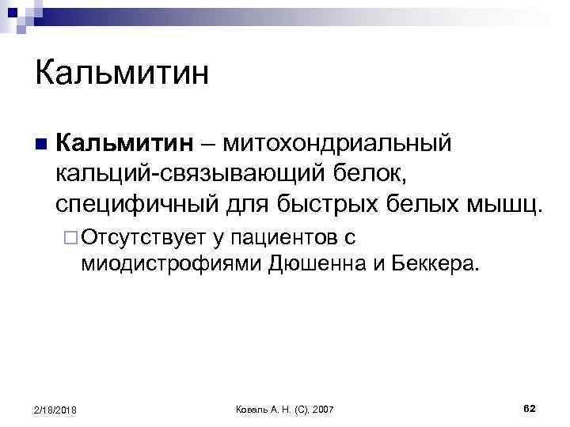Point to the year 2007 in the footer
click(x=323, y=408)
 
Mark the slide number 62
click(x=530, y=407)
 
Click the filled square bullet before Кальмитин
click(x=40, y=144)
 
